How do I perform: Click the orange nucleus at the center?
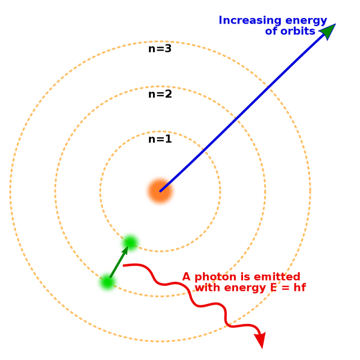pos(160,191)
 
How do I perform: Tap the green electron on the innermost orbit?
pos(130,242)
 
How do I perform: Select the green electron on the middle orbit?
pos(107,282)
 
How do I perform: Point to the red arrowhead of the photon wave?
pos(259,340)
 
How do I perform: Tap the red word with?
pos(206,288)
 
